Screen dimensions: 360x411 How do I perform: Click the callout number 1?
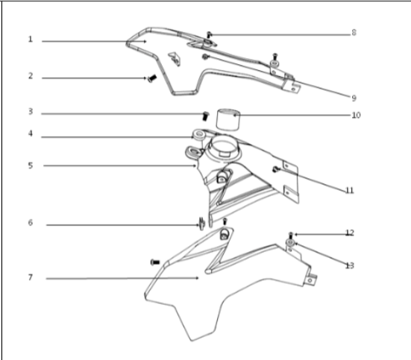coord(31,40)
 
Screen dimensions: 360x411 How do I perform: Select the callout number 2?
coord(31,76)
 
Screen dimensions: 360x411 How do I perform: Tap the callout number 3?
coord(31,113)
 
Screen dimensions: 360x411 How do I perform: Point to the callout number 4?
coord(31,136)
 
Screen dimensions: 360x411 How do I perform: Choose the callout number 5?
coord(31,165)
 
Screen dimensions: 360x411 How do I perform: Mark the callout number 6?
coord(31,223)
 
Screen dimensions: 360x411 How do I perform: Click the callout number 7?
coord(31,277)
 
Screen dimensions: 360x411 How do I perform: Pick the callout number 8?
coord(354,34)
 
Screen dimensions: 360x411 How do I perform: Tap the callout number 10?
coord(355,116)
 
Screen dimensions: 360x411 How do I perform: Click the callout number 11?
coord(349,191)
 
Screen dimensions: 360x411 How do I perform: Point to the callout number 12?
coord(349,233)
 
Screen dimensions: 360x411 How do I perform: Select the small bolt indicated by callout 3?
coord(204,115)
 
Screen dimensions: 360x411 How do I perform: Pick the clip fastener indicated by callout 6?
coord(201,221)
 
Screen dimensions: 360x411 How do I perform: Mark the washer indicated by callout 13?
coord(290,244)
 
